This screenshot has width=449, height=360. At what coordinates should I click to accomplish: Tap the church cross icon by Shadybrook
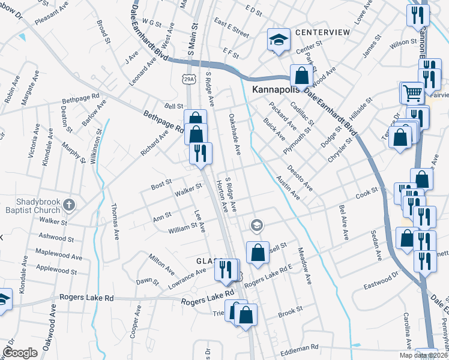(69, 205)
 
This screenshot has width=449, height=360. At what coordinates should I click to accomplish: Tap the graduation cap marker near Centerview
(279, 40)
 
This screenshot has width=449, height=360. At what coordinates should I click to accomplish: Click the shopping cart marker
(412, 92)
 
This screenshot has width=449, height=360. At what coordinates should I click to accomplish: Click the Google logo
(19, 352)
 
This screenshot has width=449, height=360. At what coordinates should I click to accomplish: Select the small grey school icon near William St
(256, 225)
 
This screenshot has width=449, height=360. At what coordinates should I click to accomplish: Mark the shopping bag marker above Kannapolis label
(300, 76)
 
